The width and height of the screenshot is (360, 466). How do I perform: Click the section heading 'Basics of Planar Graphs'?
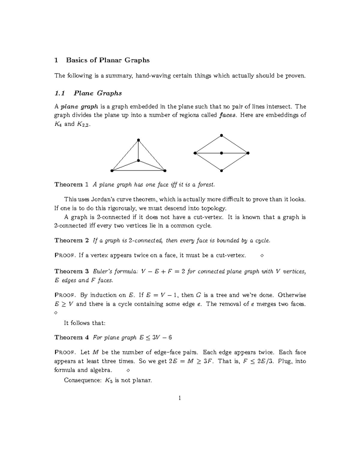[108, 60]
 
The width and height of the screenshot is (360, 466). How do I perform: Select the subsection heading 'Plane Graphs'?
[97, 93]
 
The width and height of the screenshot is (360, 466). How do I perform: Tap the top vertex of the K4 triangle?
[138, 140]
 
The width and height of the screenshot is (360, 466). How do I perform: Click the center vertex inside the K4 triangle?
[138, 161]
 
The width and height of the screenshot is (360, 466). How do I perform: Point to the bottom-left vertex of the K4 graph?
[112, 171]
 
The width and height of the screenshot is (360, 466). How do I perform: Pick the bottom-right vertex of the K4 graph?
[165, 171]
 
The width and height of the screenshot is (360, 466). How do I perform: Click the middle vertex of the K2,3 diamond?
[221, 153]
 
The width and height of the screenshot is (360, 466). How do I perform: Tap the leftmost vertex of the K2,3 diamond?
[195, 153]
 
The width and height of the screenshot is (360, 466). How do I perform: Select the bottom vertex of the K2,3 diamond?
[221, 171]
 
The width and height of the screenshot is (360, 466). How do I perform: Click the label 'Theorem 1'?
[71, 185]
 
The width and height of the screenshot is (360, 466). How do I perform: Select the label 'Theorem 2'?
[71, 240]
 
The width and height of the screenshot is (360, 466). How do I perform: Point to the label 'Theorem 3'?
[71, 271]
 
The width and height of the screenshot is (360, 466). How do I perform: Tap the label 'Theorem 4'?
[71, 337]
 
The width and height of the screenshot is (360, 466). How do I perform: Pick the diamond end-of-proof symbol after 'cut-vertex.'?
[262, 256]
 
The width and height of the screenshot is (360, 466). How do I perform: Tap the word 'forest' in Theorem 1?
[206, 185]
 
